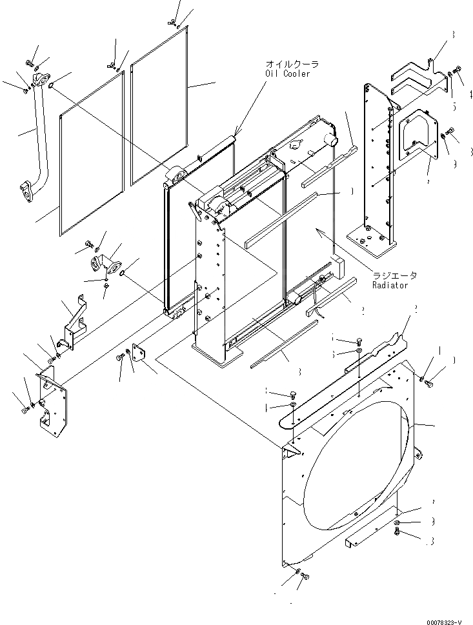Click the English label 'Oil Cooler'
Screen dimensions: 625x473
coord(287,74)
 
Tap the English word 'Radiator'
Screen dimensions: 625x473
coord(390,284)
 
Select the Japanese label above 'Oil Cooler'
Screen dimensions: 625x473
coord(291,64)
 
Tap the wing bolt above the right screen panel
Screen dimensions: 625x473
coord(172,21)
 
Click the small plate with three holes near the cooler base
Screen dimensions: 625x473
coord(139,357)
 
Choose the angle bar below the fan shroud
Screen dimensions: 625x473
coord(368,532)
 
